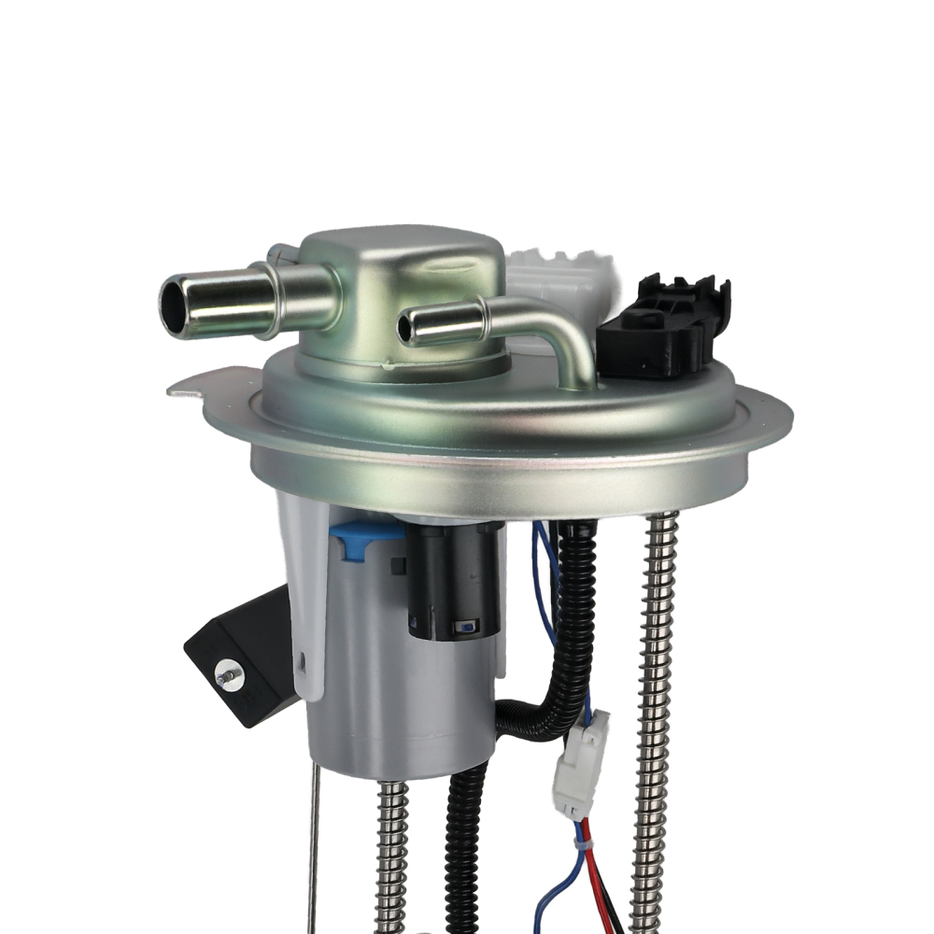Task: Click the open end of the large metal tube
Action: tap(175, 305)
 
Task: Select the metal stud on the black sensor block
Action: tap(226, 673)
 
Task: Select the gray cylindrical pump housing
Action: tap(402, 691)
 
